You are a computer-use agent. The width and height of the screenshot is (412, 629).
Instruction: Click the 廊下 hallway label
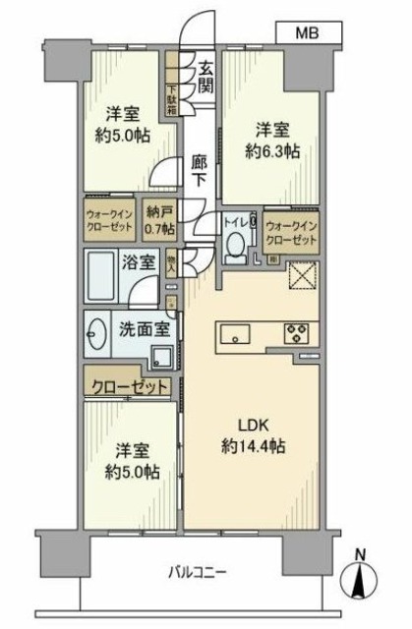(200, 170)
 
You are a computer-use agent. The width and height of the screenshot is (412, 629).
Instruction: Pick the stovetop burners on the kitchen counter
(296, 333)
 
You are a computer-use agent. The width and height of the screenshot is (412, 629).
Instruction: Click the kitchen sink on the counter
(237, 334)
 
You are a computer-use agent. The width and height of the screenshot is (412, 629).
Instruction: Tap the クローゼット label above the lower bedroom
(130, 385)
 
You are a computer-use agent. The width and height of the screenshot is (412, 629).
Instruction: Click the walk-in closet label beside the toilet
(291, 232)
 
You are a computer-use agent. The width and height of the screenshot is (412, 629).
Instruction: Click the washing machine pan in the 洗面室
(163, 353)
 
